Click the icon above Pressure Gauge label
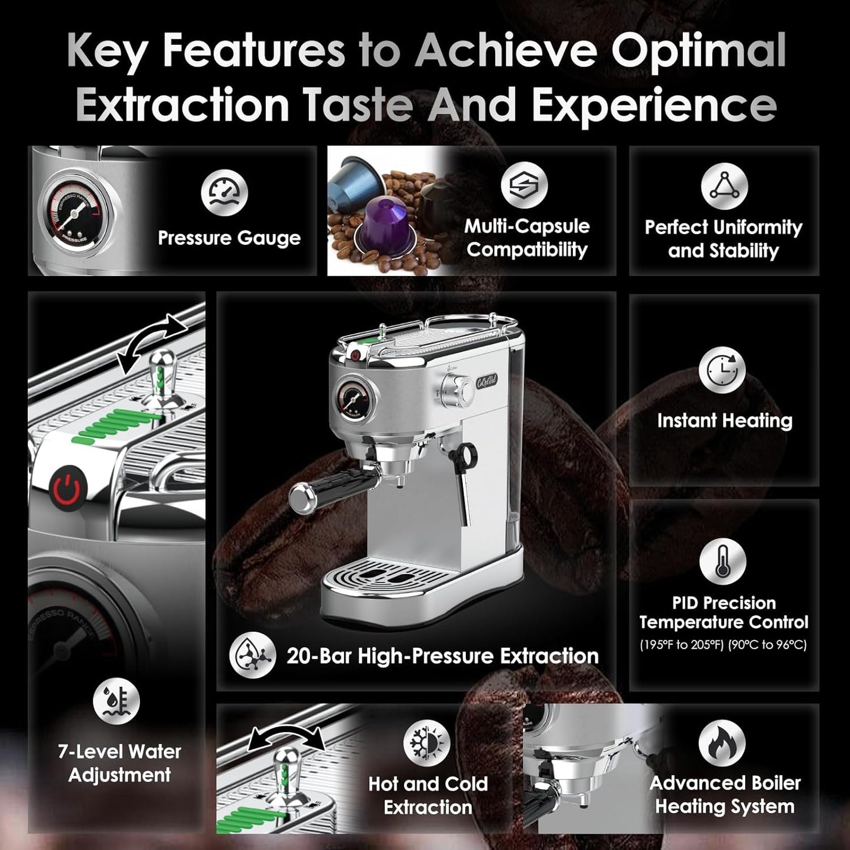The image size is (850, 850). click(x=224, y=194)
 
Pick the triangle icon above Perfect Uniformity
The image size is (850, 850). click(x=724, y=185)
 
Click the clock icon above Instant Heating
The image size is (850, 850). click(x=722, y=370)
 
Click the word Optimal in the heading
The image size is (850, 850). click(x=699, y=52)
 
